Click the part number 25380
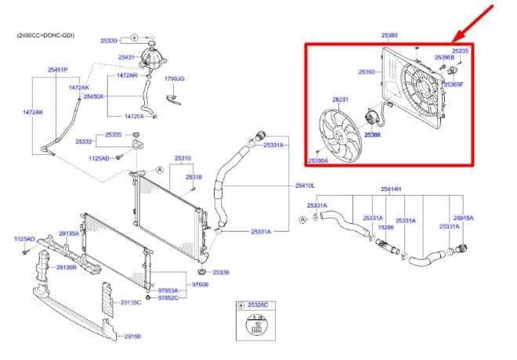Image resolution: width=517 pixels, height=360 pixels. (389, 35)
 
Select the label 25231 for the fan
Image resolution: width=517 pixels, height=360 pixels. (340, 99)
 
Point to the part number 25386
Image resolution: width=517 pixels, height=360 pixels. (372, 135)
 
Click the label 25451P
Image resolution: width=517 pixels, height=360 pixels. (57, 70)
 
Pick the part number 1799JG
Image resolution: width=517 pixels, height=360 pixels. (174, 79)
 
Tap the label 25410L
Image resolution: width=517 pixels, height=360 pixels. (305, 185)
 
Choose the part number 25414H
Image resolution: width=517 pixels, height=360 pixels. (391, 189)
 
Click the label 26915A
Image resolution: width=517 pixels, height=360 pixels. (464, 218)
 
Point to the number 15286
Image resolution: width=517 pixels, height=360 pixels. (386, 228)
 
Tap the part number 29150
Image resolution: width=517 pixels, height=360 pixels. (132, 336)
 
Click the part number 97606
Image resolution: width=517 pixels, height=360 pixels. (201, 285)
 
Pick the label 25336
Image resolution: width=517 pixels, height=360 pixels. (221, 272)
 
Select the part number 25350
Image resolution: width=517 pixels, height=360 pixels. (366, 71)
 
